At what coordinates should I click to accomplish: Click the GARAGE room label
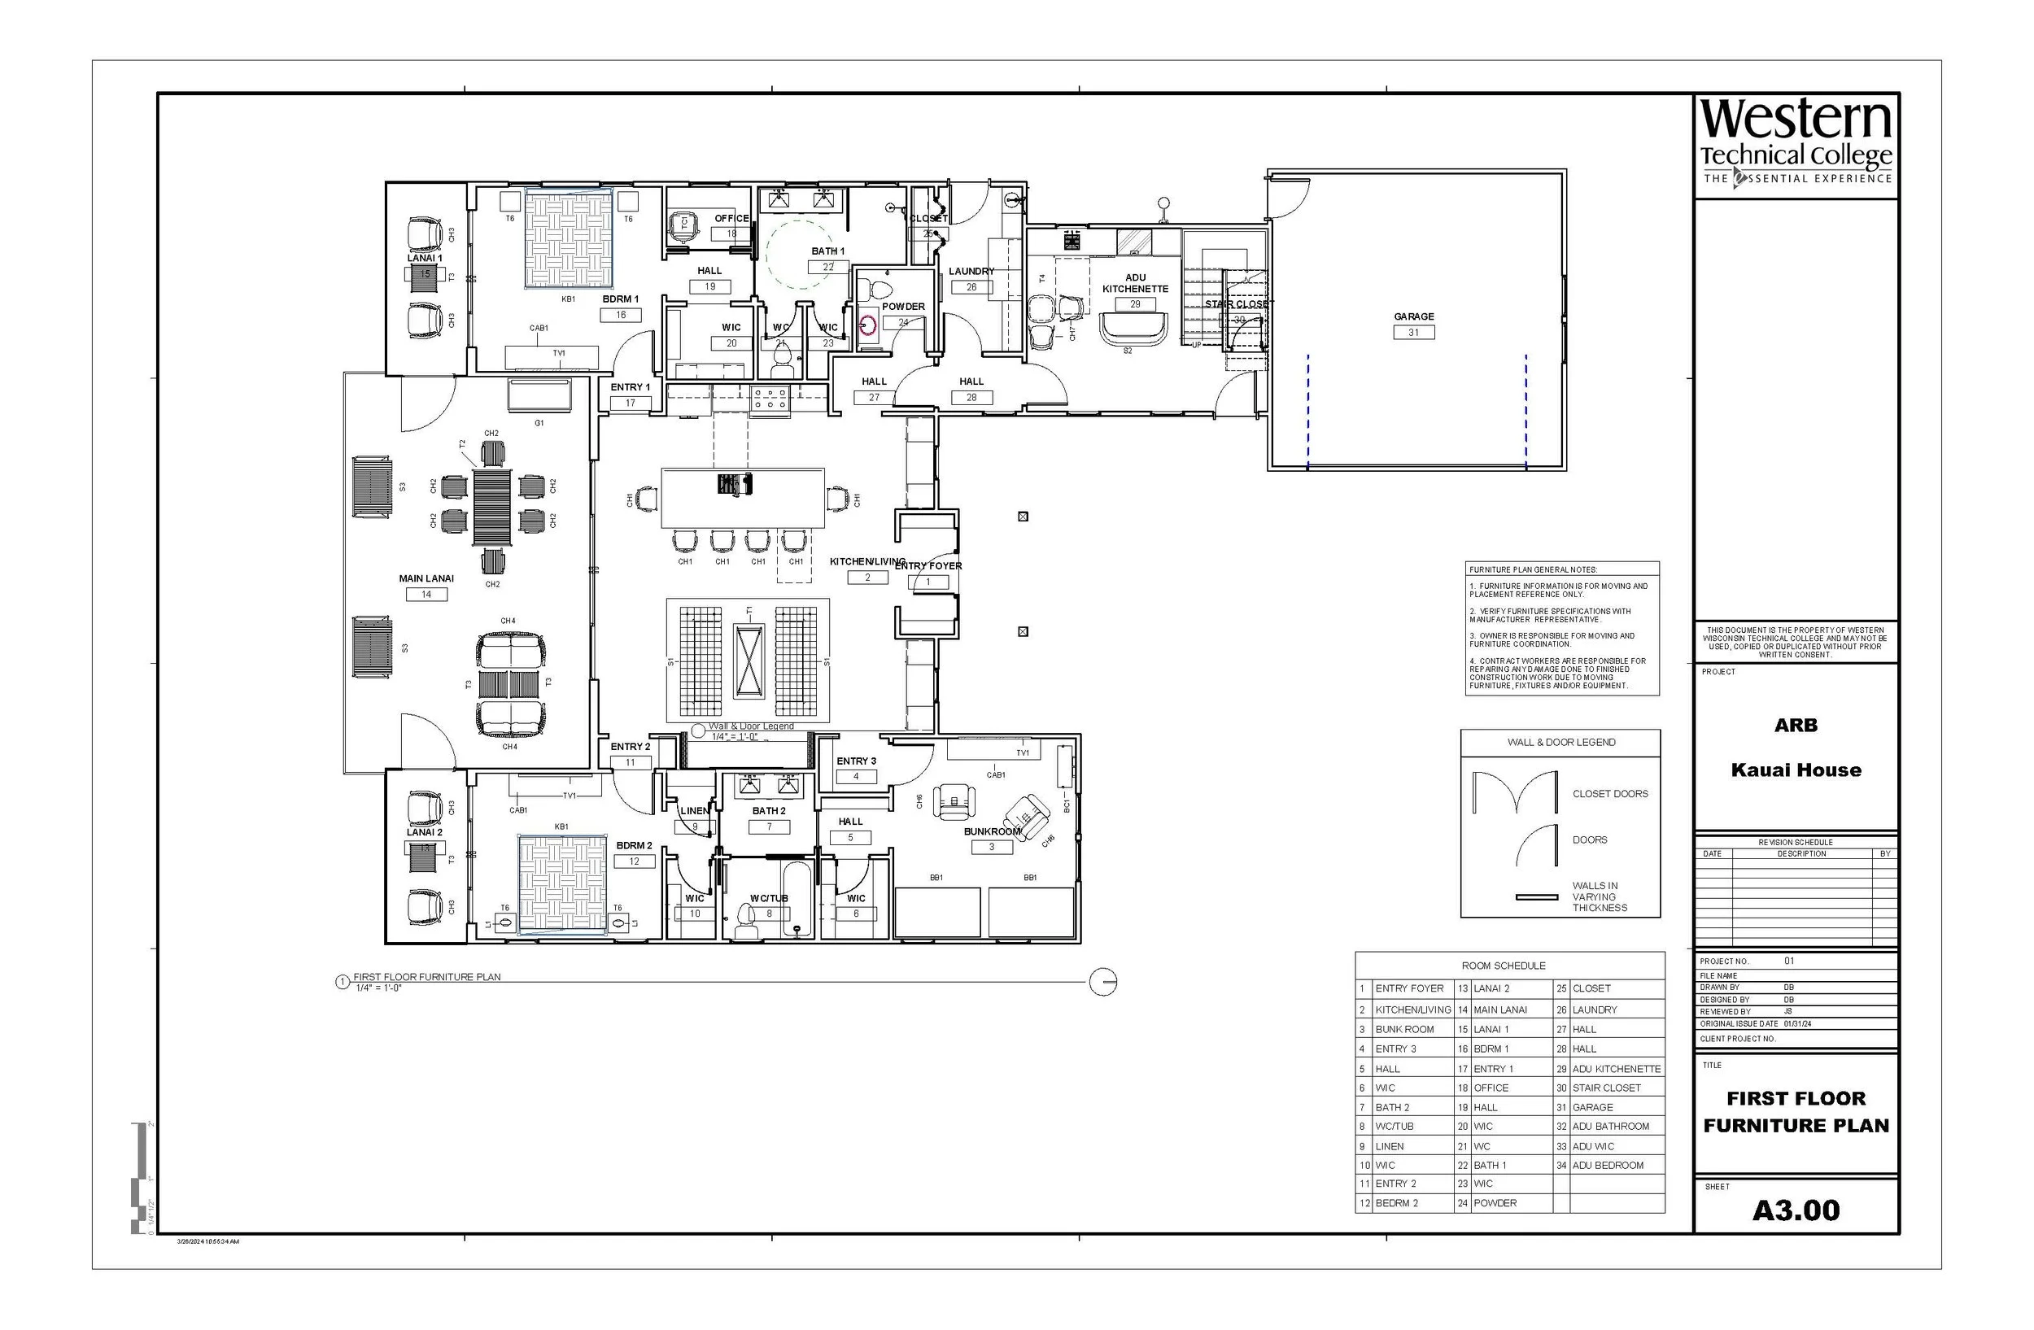[x=1413, y=316]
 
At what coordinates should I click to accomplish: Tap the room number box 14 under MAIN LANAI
[x=426, y=595]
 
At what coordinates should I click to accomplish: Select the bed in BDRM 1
[x=569, y=240]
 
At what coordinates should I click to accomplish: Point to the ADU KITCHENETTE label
[x=1135, y=283]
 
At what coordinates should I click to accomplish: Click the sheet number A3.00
[x=1796, y=1210]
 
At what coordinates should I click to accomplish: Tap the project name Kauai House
[x=1796, y=770]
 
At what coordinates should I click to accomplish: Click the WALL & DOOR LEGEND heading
[x=1561, y=743]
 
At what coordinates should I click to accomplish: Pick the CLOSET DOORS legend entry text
[x=1610, y=794]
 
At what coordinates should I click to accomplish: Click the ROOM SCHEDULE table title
[x=1504, y=966]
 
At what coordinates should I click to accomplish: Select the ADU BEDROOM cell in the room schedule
[x=1608, y=1165]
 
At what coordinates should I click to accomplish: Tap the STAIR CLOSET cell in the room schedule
[x=1606, y=1088]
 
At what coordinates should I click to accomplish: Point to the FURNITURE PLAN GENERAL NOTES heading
[x=1533, y=569]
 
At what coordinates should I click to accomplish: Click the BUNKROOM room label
[x=991, y=831]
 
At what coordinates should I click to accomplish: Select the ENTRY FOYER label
[x=928, y=565]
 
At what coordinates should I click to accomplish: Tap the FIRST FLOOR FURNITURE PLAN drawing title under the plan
[x=427, y=976]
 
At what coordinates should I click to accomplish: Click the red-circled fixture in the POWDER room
[x=868, y=325]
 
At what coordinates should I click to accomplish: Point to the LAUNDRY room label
[x=971, y=272]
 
